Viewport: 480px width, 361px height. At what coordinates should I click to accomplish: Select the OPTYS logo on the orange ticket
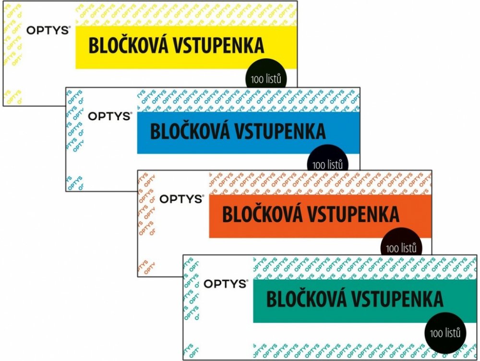pyautogui.click(x=181, y=199)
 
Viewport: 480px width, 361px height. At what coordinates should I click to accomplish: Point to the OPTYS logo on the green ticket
pyautogui.click(x=225, y=284)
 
